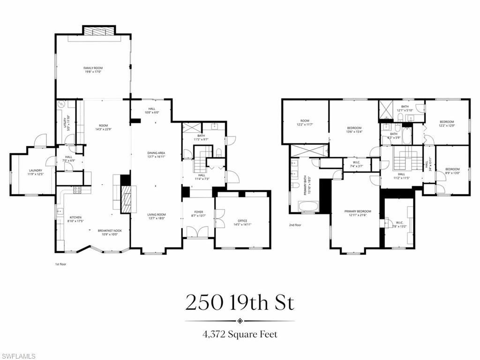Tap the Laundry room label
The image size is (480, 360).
coord(36,172)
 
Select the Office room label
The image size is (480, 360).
coord(242,222)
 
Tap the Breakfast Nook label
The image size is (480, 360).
coord(110,232)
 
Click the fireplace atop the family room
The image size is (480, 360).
coord(98,30)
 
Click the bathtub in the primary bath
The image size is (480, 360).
coord(308,206)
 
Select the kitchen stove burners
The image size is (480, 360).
coord(77,190)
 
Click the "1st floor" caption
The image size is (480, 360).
coord(60,264)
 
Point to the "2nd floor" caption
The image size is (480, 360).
coord(295,225)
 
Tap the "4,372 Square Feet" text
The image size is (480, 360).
coord(240,334)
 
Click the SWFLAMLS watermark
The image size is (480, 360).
coord(18,356)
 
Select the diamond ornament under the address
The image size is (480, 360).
coord(240,321)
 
